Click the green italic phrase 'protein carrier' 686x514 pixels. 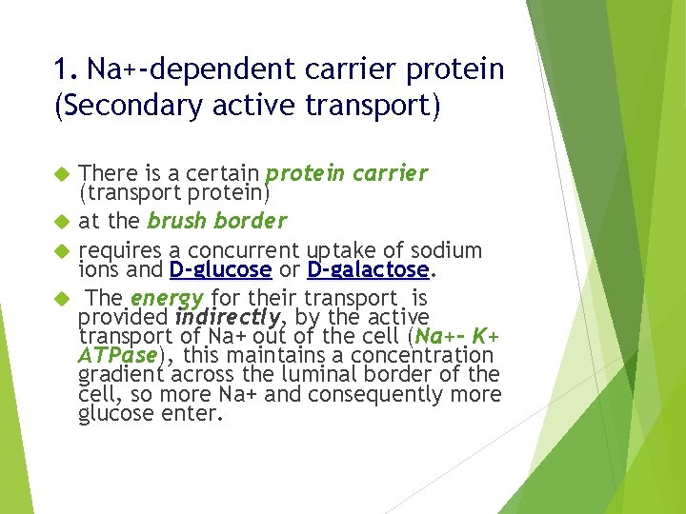click(347, 174)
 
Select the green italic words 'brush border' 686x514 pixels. click(216, 221)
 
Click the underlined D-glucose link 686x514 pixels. click(220, 270)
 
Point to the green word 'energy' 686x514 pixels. click(168, 299)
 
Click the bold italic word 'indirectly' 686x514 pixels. click(228, 317)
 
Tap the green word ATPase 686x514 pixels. click(118, 355)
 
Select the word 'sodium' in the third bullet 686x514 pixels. click(447, 250)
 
